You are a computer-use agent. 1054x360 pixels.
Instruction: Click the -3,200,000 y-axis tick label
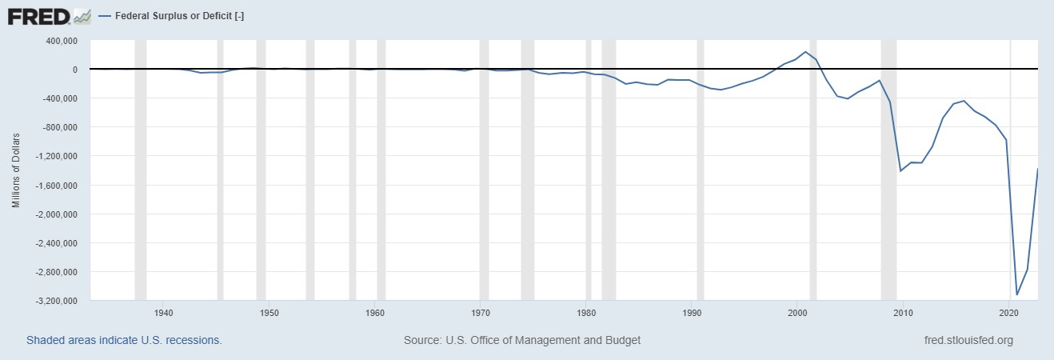click(55, 301)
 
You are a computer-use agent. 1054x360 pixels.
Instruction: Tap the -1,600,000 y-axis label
click(55, 186)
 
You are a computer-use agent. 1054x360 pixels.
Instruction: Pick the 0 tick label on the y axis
click(74, 70)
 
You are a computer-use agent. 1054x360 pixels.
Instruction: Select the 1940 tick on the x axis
click(163, 312)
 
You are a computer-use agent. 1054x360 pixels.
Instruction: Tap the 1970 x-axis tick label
click(481, 312)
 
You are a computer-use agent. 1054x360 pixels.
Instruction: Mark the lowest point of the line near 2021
click(1017, 294)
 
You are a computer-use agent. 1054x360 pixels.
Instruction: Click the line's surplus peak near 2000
click(806, 52)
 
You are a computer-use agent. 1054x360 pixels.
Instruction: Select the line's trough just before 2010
click(900, 171)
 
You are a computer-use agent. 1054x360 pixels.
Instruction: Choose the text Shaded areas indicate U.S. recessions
click(124, 340)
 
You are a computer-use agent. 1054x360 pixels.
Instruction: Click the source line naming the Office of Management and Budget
click(522, 340)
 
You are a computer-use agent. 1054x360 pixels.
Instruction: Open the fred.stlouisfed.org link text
click(968, 340)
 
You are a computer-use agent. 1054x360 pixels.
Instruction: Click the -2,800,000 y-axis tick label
click(55, 272)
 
